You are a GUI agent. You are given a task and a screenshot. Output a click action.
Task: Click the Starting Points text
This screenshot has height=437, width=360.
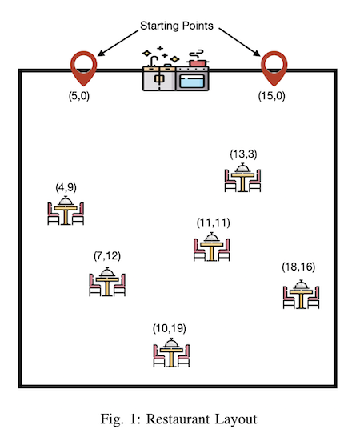(x=177, y=26)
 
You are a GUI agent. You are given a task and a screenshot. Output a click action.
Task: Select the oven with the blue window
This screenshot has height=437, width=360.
(x=192, y=78)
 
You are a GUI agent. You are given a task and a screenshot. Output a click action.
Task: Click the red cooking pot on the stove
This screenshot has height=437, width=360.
(x=198, y=62)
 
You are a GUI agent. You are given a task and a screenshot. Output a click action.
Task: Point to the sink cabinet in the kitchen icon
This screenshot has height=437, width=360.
(x=159, y=78)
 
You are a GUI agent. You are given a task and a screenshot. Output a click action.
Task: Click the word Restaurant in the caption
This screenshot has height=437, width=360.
(x=178, y=419)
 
